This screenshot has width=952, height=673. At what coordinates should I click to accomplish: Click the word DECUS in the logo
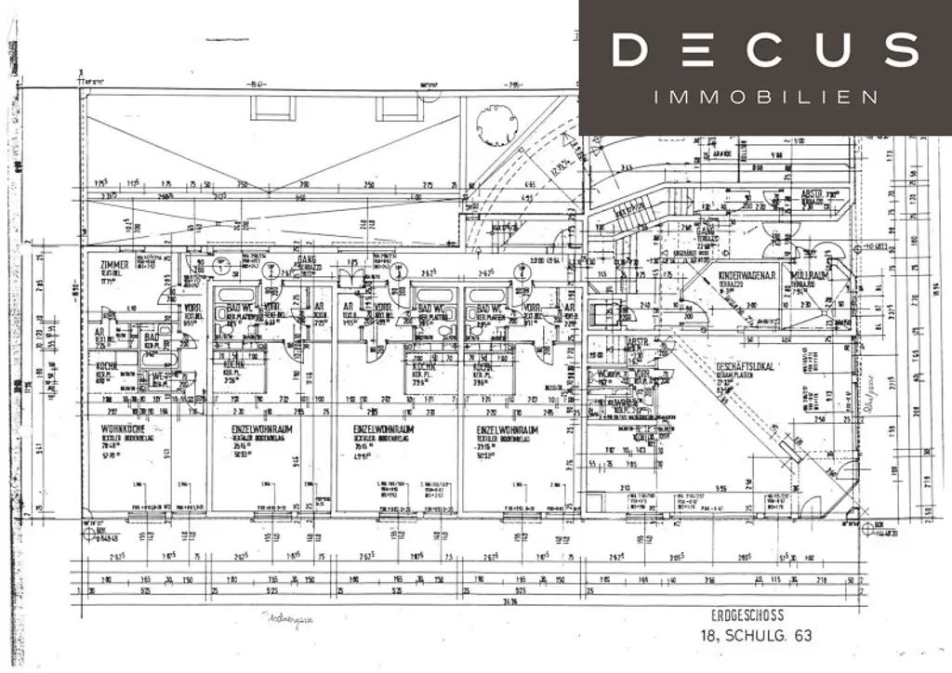coord(765,50)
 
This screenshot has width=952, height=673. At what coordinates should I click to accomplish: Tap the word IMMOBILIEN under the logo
coord(765,97)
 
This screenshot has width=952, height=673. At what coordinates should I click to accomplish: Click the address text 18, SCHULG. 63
coord(756,636)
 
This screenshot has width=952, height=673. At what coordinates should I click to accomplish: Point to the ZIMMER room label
coord(113,265)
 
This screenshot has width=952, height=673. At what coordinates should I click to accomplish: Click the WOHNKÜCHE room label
coord(121,429)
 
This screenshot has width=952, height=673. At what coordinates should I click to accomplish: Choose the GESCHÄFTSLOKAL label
coord(745,366)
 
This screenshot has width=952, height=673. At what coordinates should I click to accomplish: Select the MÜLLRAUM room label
coord(810,278)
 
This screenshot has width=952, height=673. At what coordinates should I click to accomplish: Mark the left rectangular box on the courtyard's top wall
coord(269,108)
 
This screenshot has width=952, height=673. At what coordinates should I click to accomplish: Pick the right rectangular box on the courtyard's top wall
coord(398,108)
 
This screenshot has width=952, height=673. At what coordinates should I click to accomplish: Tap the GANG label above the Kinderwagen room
coord(707,229)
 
